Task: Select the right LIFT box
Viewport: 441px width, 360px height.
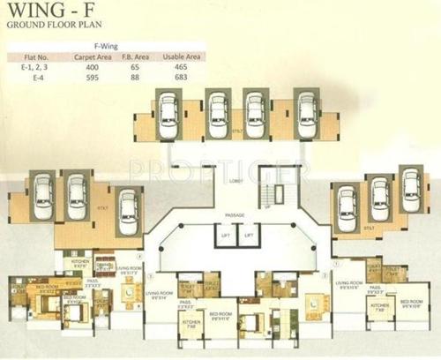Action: tap(250, 236)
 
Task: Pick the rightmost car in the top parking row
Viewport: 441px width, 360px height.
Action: tap(306, 110)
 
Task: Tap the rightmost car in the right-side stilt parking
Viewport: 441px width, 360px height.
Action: tap(408, 189)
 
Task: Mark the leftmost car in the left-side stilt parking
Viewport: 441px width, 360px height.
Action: tap(41, 199)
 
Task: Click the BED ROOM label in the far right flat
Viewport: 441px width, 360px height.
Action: tap(411, 301)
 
